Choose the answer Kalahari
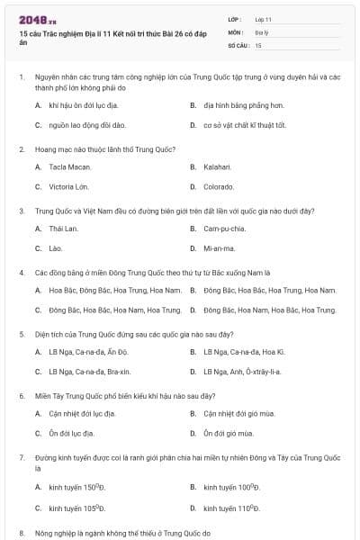[217, 166]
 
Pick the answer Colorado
[219, 186]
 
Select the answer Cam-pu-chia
[224, 229]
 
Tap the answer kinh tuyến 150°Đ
[75, 487]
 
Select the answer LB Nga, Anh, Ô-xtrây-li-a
[242, 371]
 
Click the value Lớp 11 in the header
[264, 18]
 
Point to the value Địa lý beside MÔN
[262, 31]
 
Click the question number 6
[22, 394]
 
